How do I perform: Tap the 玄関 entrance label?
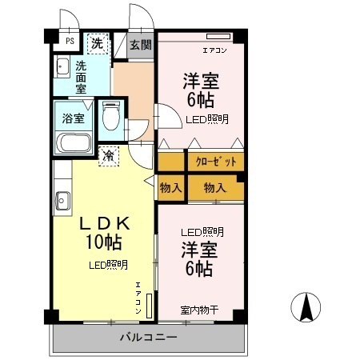coord(142,45)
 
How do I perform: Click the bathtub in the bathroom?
coord(75,145)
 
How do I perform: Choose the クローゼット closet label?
coord(216,161)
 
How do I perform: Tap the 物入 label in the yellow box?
coord(170,188)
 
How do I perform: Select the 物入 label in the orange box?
coord(214,188)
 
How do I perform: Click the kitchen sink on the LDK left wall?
coord(61,200)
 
